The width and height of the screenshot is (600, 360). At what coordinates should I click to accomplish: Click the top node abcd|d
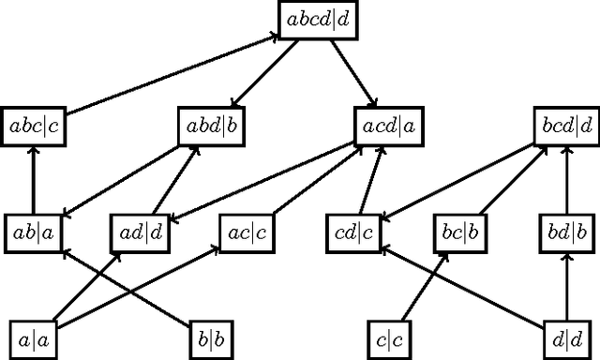tap(320, 20)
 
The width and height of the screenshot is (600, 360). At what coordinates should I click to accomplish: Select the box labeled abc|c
tap(34, 127)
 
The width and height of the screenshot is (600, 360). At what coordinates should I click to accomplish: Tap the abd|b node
tap(211, 127)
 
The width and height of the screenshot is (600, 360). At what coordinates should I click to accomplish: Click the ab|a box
tap(34, 232)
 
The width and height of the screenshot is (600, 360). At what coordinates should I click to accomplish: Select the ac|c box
tap(247, 232)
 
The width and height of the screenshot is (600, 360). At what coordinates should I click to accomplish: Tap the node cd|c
tap(354, 232)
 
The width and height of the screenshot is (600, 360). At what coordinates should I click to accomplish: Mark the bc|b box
tap(459, 232)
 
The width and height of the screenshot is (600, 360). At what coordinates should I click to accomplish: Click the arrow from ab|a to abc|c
tap(34, 179)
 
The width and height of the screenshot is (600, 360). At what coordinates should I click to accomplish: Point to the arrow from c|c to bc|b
tap(422, 286)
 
